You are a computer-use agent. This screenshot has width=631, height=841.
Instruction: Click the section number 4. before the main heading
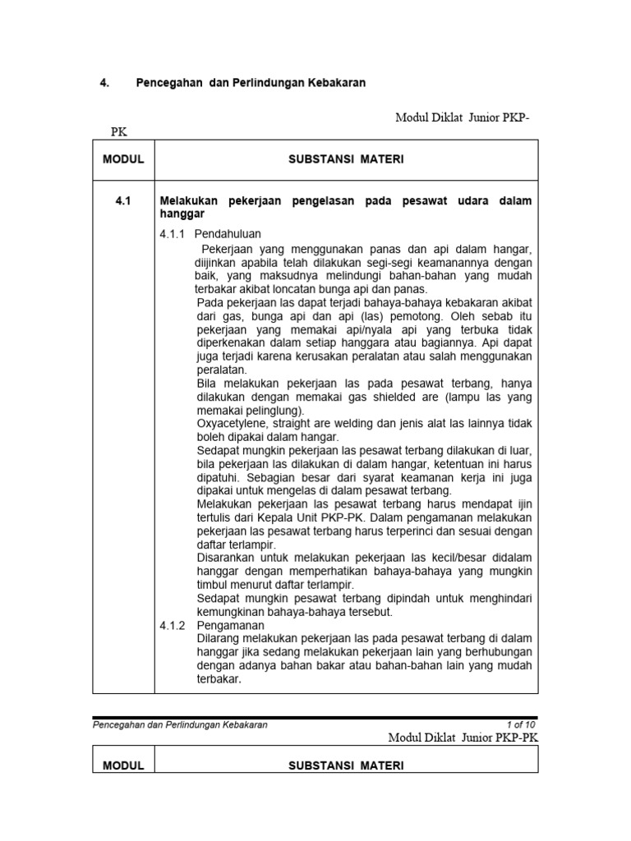104,84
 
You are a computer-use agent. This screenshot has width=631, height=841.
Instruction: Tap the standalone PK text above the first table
119,131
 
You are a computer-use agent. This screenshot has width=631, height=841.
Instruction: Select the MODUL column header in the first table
123,159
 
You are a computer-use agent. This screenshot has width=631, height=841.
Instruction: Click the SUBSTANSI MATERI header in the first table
346,159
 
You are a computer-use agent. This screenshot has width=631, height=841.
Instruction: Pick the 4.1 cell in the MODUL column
123,201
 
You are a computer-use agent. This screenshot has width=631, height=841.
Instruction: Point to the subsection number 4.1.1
173,234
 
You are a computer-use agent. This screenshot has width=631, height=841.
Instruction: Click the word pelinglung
272,410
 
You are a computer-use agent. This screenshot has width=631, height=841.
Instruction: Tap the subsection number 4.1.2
173,625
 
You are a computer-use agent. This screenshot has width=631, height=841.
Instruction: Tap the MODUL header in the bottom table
123,765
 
